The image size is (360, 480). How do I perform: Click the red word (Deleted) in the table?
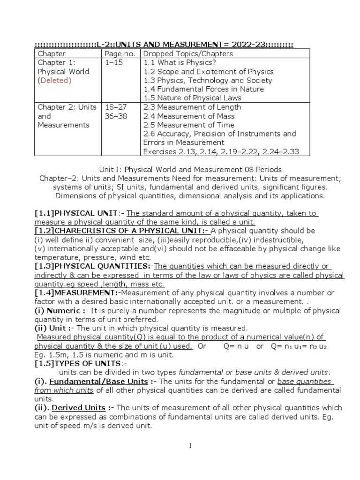coord(54,81)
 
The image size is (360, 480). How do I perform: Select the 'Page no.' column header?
coord(120,54)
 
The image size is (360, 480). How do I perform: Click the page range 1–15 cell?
coord(113,63)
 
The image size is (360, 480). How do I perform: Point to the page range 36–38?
coord(115,116)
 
